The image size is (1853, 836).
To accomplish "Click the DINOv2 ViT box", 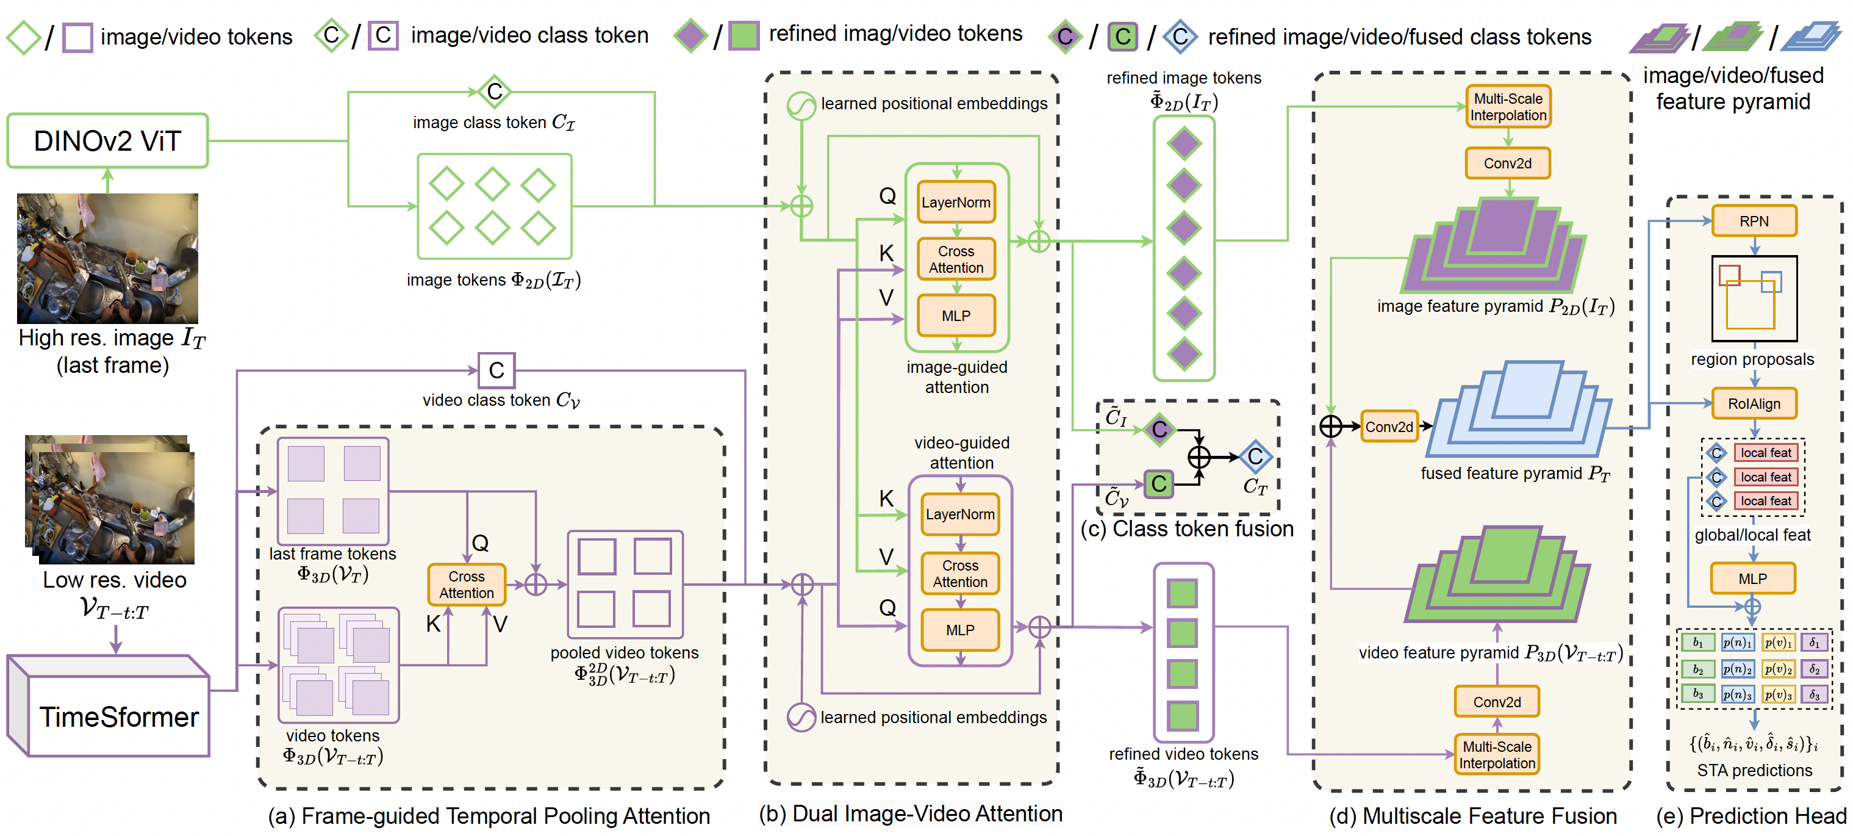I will coord(108,141).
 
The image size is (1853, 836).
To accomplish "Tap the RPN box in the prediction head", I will coord(1754,221).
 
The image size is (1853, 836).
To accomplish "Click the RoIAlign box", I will coord(1754,403).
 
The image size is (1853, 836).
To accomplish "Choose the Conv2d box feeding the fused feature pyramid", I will coord(1388,427).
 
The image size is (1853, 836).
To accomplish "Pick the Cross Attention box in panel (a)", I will coord(466,584).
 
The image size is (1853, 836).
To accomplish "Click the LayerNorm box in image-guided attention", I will coord(956,202).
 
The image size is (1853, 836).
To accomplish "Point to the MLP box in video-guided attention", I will coord(959,630).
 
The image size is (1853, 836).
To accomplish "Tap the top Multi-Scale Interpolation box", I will coord(1508,106).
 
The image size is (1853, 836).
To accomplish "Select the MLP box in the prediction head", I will coord(1752,578).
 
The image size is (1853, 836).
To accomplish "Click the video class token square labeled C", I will coord(496,370).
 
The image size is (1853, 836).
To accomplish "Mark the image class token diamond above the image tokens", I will coord(495,92).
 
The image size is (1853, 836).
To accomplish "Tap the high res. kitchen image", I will coord(108,258).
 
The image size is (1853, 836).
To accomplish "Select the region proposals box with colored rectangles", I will coord(1754,298).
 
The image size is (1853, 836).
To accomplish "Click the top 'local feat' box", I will coord(1765,453).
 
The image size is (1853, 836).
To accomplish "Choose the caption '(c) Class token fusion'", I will coord(1187,529).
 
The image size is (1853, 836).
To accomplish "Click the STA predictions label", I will coord(1754,771).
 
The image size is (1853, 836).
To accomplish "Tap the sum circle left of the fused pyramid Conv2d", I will coord(1331,427).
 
